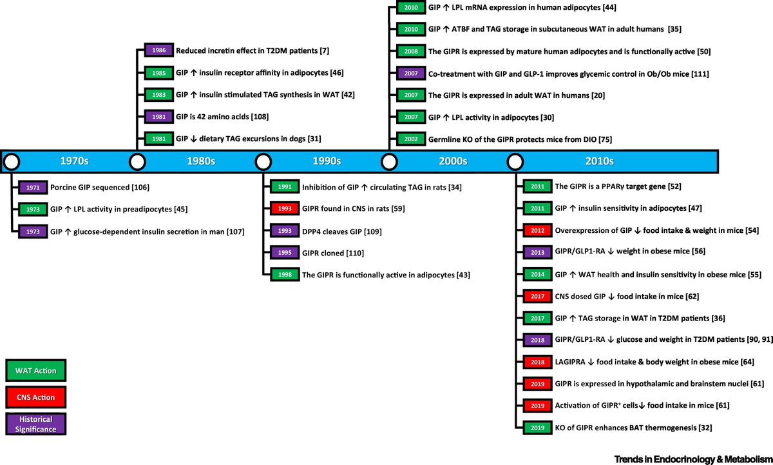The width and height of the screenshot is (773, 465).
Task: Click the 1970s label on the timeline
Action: [75, 161]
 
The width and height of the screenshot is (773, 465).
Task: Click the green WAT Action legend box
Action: [36, 371]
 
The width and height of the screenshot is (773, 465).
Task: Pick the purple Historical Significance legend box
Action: [36, 423]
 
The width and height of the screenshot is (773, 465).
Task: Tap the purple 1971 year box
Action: [32, 187]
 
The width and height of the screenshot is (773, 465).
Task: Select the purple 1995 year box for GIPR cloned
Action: [284, 253]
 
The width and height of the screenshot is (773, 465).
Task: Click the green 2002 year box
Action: [410, 139]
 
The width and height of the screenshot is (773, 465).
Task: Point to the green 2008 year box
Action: [410, 51]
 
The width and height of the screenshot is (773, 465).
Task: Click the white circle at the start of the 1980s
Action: [137, 161]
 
